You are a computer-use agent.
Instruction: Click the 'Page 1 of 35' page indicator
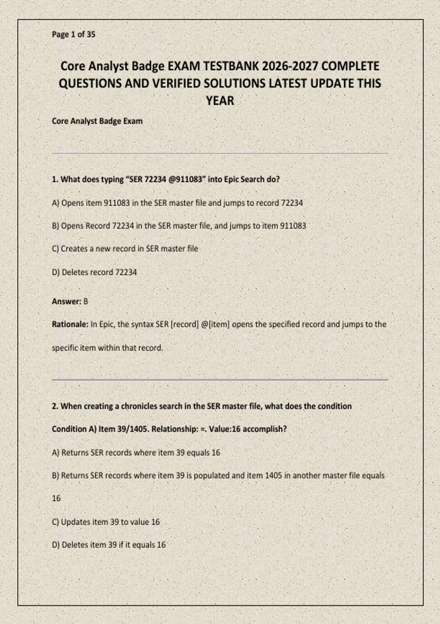73,35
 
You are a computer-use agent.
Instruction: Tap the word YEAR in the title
220,101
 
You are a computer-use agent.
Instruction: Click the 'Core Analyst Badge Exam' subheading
97,121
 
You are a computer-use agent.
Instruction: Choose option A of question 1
177,203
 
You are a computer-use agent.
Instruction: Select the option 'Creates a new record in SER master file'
125,248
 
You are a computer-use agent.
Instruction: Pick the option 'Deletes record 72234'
94,272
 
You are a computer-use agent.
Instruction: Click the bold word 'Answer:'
66,301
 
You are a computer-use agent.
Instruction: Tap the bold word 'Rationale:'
70,324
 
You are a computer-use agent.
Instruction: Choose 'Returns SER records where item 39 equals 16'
136,453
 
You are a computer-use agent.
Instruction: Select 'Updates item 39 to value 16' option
106,522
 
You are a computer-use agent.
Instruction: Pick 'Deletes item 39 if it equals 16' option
109,545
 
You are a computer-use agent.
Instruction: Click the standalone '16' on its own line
56,498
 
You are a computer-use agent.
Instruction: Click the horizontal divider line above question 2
220,380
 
